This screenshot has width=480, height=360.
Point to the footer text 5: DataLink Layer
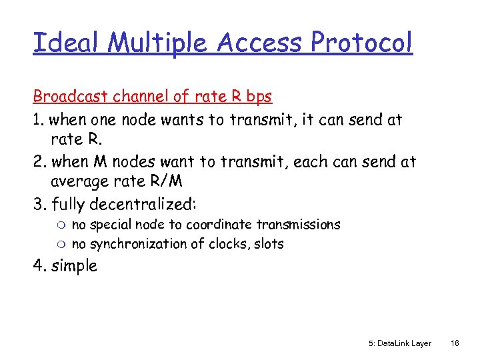pyautogui.click(x=399, y=343)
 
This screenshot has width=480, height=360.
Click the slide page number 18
pyautogui.click(x=455, y=343)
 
